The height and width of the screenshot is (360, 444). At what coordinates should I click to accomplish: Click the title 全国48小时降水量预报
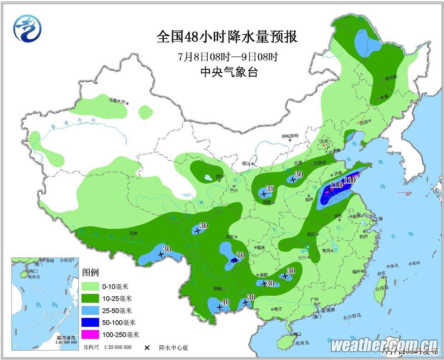click(227, 37)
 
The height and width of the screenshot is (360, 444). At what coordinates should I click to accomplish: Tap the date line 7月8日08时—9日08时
click(228, 57)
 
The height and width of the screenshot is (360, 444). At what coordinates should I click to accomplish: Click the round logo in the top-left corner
click(27, 29)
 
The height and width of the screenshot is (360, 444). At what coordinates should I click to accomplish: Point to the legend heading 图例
click(91, 273)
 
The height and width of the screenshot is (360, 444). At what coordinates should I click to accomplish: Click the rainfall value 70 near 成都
click(240, 255)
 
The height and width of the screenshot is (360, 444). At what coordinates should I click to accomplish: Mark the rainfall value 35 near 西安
click(270, 189)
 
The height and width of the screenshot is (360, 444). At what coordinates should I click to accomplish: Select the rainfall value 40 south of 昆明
click(226, 302)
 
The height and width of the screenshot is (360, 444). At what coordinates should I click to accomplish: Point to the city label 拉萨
click(134, 233)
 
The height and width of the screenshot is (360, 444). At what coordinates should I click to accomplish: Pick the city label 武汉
click(317, 234)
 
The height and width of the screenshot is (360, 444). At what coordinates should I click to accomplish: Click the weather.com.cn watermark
click(384, 345)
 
